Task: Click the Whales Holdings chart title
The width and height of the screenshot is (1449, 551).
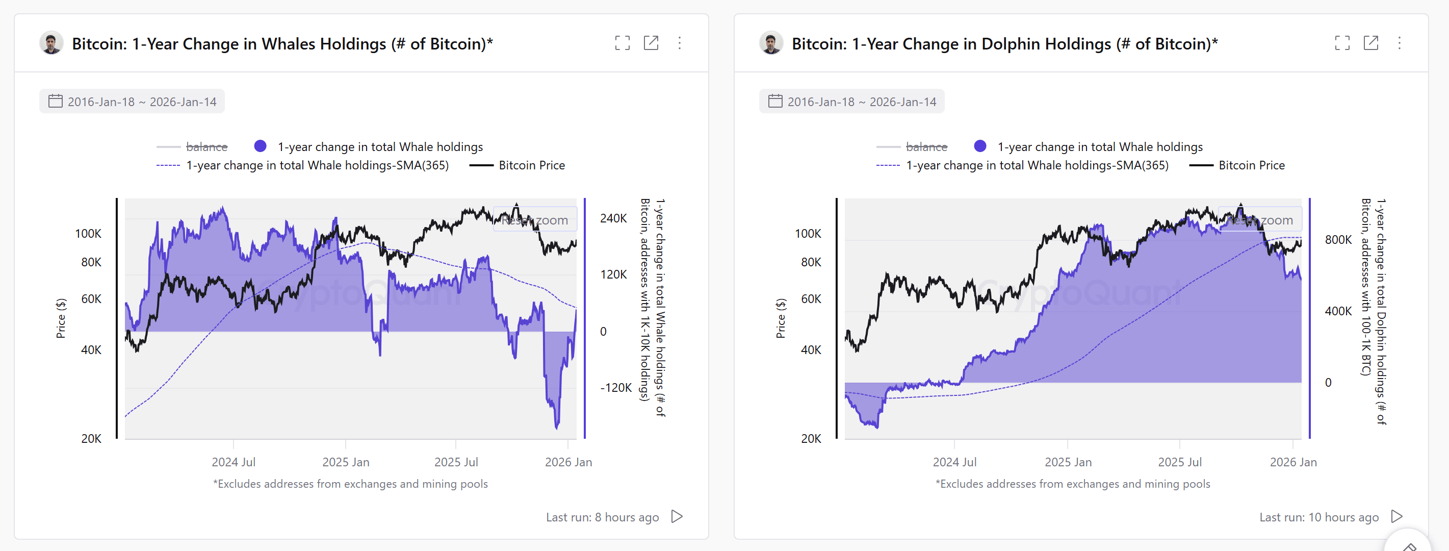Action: coord(282,44)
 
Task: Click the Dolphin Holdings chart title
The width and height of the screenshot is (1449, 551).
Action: coord(1004,44)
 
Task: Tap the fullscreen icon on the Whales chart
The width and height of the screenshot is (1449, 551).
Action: coord(622,43)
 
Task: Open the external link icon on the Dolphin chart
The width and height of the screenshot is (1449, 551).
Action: coord(1370,43)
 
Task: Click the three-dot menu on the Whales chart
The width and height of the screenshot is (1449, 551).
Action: coord(680,43)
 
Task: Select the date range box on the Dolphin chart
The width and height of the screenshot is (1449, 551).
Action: coord(851,102)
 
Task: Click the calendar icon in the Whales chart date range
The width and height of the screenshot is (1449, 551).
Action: coord(55,102)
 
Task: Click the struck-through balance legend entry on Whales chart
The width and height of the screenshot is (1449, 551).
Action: coord(206,147)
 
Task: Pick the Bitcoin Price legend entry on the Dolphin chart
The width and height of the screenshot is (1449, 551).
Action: coord(1251,165)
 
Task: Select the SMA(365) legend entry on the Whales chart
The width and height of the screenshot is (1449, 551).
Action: coord(317,165)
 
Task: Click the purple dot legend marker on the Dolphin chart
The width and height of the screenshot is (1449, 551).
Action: coord(980,146)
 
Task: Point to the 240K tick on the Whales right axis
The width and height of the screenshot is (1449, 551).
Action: coord(613,218)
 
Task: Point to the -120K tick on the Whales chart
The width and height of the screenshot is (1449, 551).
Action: coord(616,388)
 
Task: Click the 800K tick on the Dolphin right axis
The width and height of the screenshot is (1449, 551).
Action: coord(1338,240)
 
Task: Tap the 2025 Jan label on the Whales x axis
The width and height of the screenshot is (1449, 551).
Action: coord(345,462)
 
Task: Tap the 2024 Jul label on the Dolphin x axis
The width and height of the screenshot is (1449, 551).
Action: coord(954,462)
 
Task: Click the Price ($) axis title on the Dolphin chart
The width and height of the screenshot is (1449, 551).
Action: coord(780,318)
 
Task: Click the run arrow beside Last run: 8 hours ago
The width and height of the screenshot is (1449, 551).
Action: coord(677,517)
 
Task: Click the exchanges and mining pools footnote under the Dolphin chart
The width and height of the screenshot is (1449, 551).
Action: coord(1072,484)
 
